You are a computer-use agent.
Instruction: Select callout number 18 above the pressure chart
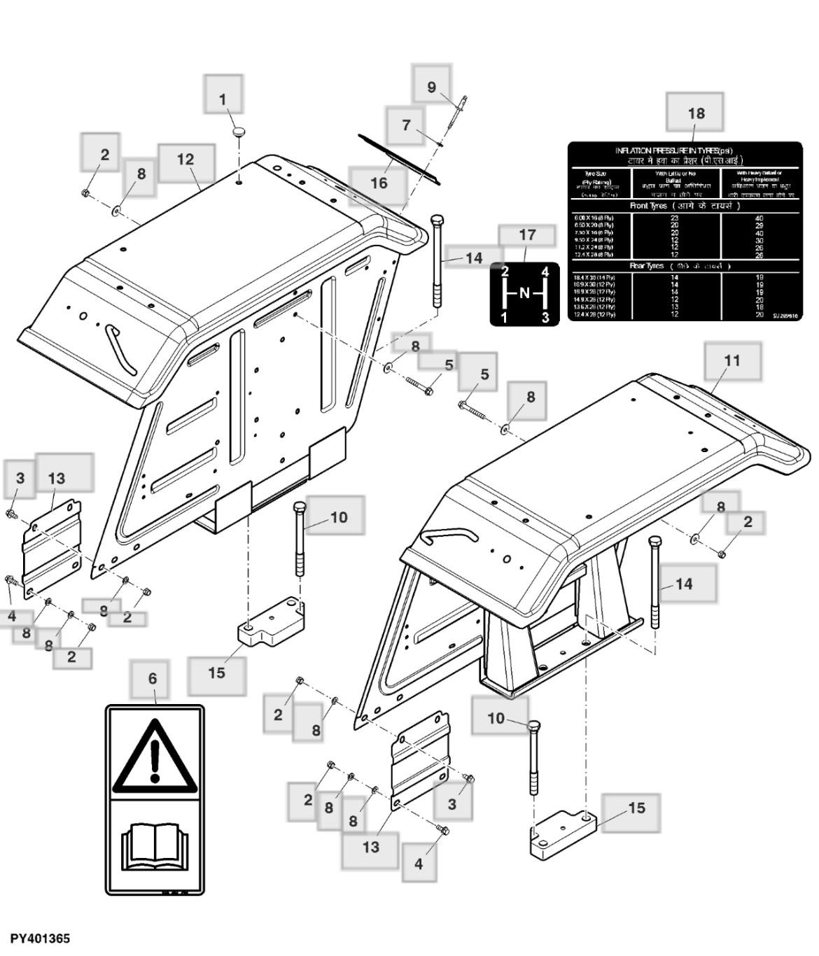pyautogui.click(x=695, y=112)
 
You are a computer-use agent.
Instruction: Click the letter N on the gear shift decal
pyautogui.click(x=524, y=293)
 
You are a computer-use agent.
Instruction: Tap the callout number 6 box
pyautogui.click(x=153, y=678)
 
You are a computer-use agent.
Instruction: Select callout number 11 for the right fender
pyautogui.click(x=731, y=360)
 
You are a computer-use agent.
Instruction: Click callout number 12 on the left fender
pyautogui.click(x=185, y=160)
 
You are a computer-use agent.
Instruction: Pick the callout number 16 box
pyautogui.click(x=378, y=183)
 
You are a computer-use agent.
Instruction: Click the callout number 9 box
pyautogui.click(x=431, y=87)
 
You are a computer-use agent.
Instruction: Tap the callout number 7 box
pyautogui.click(x=406, y=125)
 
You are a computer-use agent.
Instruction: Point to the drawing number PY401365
pyautogui.click(x=40, y=939)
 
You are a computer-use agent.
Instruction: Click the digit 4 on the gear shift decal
pyautogui.click(x=545, y=273)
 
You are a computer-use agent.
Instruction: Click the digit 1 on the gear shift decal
pyautogui.click(x=504, y=318)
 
